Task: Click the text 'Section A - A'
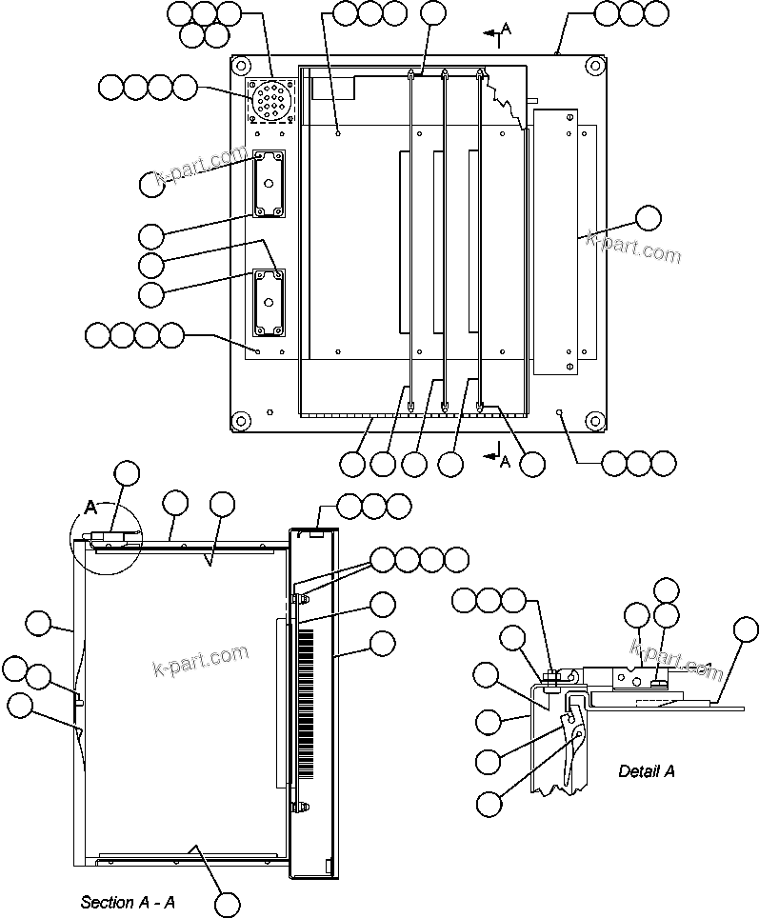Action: point(128,901)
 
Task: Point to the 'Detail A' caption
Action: point(646,770)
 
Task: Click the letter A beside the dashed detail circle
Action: point(91,508)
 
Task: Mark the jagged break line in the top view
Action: point(506,95)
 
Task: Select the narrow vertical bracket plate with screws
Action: point(553,240)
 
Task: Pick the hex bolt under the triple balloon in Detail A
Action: point(551,679)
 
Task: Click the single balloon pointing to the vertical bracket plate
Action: point(648,218)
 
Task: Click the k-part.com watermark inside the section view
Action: point(200,659)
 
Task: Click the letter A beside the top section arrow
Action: point(507,29)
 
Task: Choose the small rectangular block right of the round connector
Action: point(341,88)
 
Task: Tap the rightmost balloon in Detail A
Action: point(746,629)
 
